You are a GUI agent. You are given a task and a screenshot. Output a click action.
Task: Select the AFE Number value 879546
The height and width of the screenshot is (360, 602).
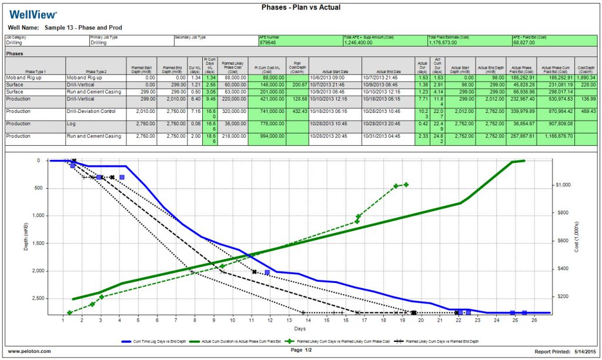pos(270,43)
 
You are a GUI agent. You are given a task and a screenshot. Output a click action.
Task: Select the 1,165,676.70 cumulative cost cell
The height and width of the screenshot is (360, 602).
pos(555,136)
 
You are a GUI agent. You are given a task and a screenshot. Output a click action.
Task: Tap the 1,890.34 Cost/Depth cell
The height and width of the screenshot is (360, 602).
pos(586,78)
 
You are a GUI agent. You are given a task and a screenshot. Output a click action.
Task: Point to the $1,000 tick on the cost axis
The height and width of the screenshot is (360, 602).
pos(564,185)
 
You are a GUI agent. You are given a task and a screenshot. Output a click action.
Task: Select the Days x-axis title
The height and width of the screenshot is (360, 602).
pos(300,328)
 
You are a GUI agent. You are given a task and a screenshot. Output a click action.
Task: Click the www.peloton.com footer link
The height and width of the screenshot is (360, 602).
pos(29,351)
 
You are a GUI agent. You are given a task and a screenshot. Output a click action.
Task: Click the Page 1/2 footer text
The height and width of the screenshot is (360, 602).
pos(301,350)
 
